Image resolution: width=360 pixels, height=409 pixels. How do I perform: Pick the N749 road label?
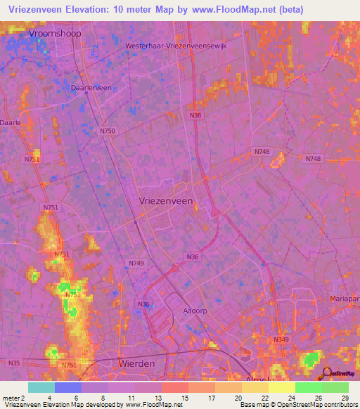pos(136,263)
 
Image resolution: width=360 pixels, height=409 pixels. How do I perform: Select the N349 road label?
pos(281,339)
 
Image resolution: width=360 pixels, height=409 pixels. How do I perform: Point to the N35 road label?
pos(14,363)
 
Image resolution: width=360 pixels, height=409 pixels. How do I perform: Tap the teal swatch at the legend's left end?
pos(41,387)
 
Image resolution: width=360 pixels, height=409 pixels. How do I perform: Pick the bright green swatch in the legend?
pos(309,387)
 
